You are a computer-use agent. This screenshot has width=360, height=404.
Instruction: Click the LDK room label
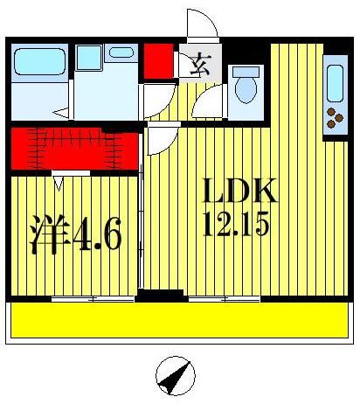(x=239, y=192)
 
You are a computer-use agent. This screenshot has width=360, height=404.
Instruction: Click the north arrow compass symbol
(x=175, y=378)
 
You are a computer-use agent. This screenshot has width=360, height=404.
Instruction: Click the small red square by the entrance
(x=158, y=60)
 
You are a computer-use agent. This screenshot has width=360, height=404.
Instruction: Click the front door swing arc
(x=200, y=24)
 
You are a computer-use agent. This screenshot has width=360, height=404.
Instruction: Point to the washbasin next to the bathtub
(x=88, y=58)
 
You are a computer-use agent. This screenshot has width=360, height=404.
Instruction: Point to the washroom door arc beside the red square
(x=157, y=101)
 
